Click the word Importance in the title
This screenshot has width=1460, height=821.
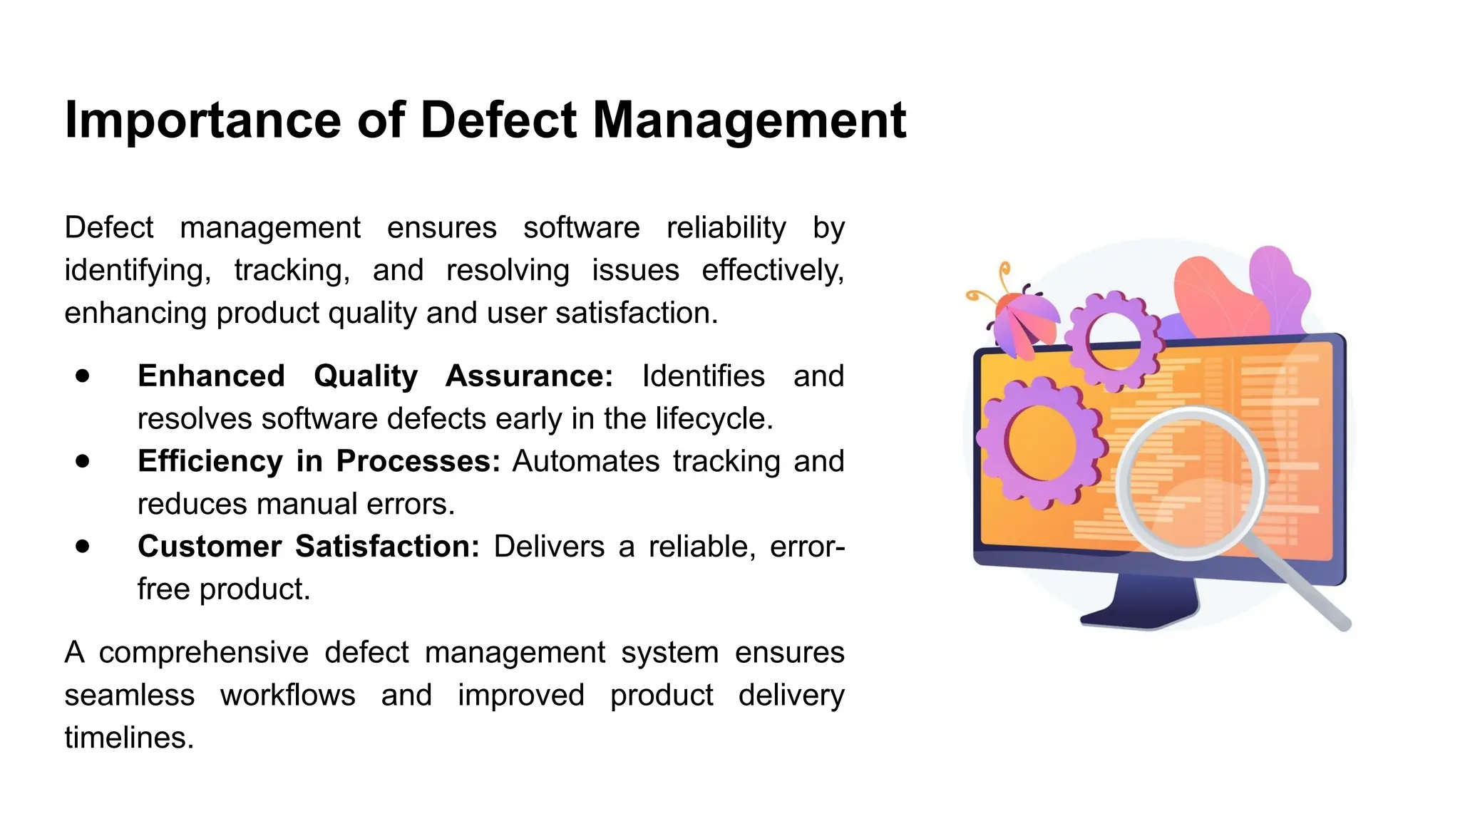coord(202,120)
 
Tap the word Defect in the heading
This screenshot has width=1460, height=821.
coord(498,120)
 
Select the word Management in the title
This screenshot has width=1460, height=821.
coord(749,120)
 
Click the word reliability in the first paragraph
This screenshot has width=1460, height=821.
coord(726,228)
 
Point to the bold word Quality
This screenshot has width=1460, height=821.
coord(366,376)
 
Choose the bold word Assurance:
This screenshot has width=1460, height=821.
coord(529,376)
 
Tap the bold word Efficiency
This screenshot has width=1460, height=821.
coord(210,461)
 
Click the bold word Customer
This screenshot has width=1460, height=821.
coord(210,547)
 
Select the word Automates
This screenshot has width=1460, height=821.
coord(585,461)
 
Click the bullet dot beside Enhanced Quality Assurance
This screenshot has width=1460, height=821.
coord(83,376)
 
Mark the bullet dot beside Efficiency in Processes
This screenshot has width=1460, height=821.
coord(83,461)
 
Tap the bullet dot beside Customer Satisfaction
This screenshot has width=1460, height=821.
coord(83,547)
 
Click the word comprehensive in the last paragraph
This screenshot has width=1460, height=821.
coord(203,653)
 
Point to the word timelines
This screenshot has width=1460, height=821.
coord(128,738)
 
